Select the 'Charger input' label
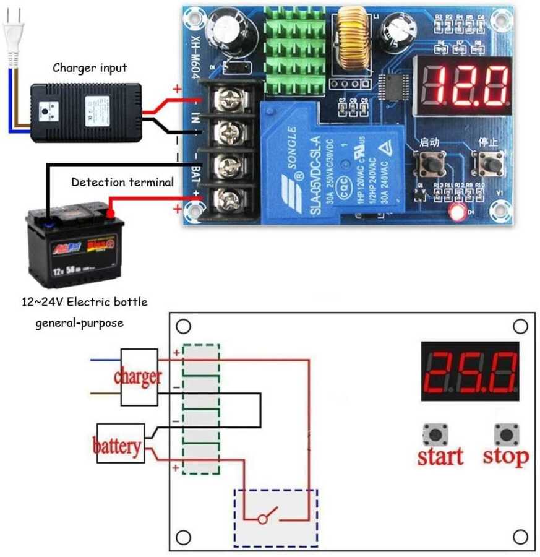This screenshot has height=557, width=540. (90, 67)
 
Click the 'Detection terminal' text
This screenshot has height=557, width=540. (122, 182)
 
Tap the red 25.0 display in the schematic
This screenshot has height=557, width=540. (470, 371)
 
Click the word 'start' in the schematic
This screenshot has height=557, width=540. (440, 456)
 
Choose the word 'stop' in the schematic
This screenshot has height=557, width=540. (506, 456)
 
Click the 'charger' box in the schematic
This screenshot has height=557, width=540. (139, 377)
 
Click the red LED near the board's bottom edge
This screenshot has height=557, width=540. (458, 212)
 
